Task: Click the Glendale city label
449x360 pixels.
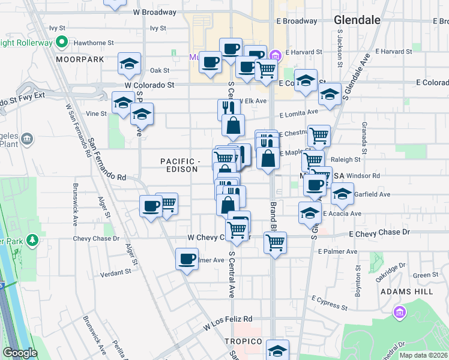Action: [357, 20]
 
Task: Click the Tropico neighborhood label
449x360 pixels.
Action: [243, 341]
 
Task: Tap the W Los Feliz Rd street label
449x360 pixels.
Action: [228, 323]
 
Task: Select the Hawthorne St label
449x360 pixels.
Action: [94, 43]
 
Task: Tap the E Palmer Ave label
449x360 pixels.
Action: [338, 251]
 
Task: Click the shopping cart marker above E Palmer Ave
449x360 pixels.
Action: [275, 242]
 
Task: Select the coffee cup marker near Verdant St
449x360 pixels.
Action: [187, 259]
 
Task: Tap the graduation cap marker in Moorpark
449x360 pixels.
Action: [129, 64]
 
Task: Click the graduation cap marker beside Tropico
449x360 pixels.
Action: [277, 350]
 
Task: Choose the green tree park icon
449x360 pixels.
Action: [31, 241]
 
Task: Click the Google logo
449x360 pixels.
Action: [20, 353]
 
